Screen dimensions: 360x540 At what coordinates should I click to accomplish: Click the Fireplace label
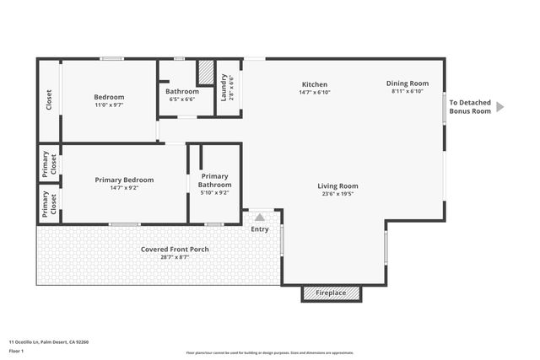331,293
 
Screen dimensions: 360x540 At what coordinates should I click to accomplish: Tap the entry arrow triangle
260,217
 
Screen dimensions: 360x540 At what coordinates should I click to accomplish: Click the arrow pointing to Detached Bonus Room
499,106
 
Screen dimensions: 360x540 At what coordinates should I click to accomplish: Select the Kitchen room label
315,84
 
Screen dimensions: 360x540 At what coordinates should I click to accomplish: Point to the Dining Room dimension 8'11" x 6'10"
408,92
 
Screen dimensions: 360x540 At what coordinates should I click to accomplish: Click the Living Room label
337,185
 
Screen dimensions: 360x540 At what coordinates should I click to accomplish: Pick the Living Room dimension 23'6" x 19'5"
337,194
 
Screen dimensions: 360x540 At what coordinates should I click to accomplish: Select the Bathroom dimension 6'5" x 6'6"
182,99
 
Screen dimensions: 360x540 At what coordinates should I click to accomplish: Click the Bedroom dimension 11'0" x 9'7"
108,106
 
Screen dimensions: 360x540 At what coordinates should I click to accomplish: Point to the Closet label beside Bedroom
49,99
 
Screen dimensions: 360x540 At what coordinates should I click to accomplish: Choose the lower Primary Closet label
49,204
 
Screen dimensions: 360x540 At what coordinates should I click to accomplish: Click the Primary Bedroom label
124,180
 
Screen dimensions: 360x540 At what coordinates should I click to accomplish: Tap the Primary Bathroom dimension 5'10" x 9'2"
214,193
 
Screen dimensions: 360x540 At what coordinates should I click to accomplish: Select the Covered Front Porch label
175,250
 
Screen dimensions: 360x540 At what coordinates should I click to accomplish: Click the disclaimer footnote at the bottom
269,352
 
